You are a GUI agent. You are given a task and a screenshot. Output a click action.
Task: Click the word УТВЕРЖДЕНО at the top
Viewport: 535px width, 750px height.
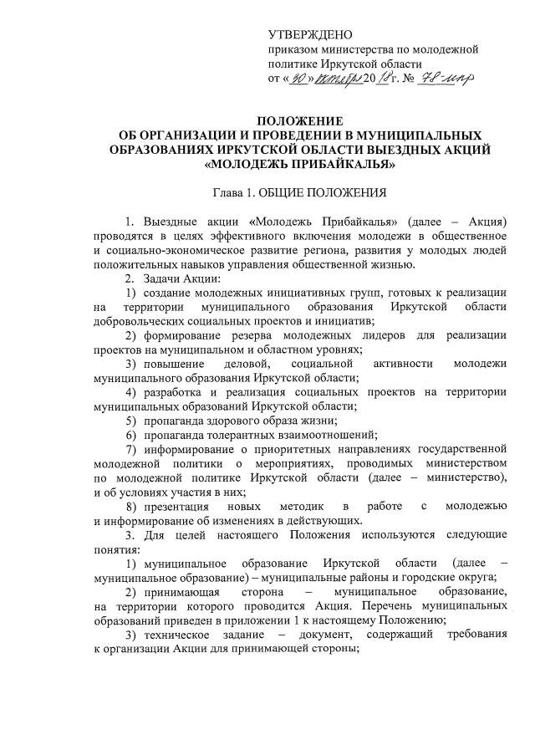click(310, 34)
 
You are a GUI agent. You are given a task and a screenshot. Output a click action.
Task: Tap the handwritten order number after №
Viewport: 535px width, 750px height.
click(447, 79)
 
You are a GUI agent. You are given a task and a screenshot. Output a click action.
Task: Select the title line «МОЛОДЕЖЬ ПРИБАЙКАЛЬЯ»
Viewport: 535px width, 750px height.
click(300, 164)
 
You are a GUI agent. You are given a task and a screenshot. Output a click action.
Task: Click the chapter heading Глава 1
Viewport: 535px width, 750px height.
click(238, 193)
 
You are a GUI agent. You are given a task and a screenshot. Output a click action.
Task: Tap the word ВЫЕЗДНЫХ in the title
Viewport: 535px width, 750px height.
click(434, 150)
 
